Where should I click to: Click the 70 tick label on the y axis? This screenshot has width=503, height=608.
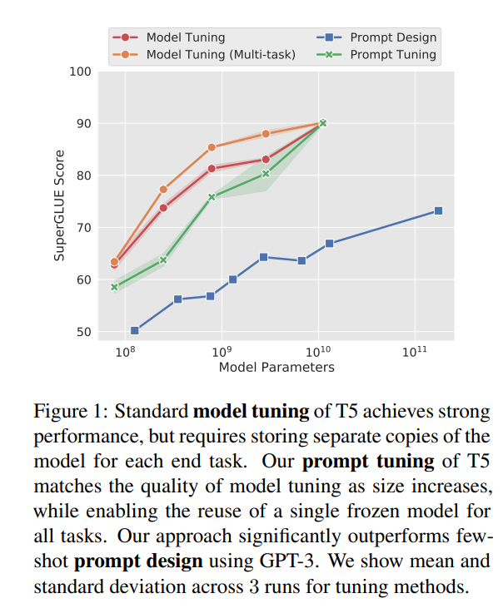coord(82,228)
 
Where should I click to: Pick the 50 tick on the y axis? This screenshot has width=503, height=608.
coord(82,332)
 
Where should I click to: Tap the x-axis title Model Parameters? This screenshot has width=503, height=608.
coord(276,367)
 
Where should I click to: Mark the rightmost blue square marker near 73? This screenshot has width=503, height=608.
coord(438,211)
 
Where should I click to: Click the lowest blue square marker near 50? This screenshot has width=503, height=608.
coord(135,330)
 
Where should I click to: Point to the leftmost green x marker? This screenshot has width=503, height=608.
coord(115,287)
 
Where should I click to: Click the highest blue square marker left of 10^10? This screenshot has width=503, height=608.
coord(263,257)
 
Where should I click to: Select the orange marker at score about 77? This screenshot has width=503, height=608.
coord(163,190)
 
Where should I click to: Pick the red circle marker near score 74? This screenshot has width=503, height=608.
coord(163,208)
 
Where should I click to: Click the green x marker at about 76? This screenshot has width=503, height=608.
coord(212,197)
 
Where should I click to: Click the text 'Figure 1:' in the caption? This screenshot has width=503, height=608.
coord(70,412)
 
